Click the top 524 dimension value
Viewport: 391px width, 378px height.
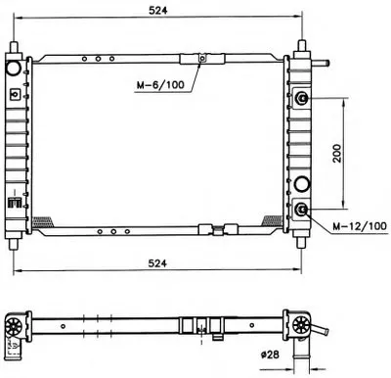tap(157, 10)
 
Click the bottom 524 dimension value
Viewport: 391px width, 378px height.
tap(157, 263)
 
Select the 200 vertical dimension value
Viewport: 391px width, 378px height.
tap(337, 153)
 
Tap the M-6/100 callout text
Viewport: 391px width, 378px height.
tap(160, 85)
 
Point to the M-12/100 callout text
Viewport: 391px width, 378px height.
tap(360, 226)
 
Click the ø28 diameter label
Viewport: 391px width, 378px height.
tap(270, 354)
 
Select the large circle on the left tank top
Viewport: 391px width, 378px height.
tap(14, 68)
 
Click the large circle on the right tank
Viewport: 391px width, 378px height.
tap(302, 184)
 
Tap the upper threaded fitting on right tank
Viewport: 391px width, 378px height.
tap(302, 98)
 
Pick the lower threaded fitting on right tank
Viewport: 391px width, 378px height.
tap(302, 209)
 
